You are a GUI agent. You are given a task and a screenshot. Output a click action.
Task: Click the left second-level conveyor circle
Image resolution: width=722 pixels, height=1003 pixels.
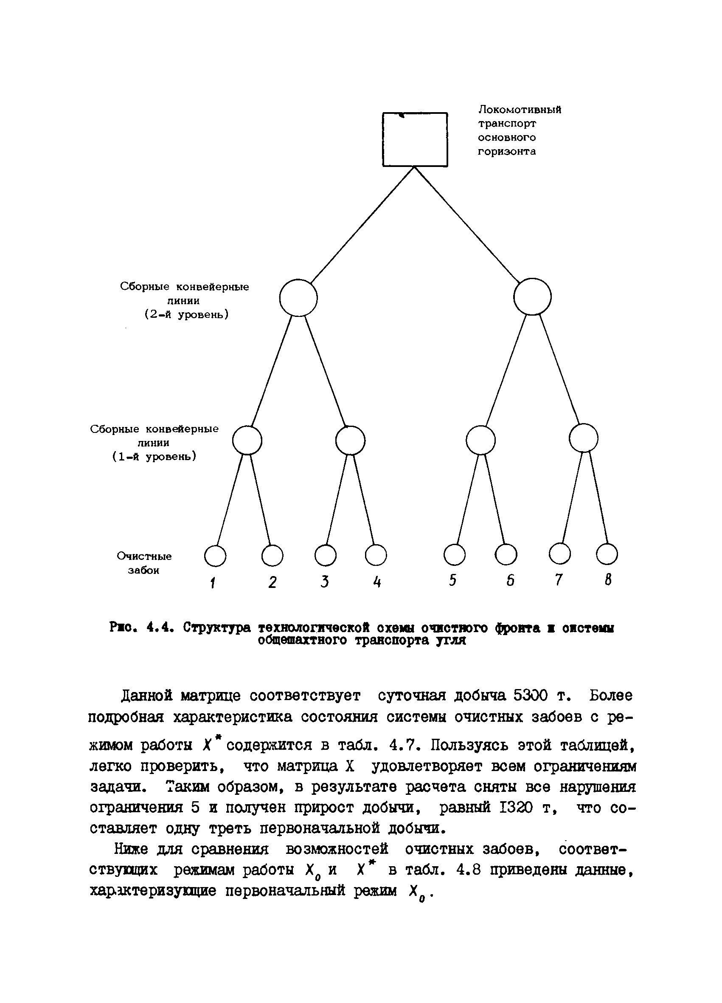point(298,298)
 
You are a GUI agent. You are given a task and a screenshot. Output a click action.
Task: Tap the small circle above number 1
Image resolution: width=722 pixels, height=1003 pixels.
point(215,556)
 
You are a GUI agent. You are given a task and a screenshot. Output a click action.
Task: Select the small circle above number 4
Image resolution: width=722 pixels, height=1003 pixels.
point(376,555)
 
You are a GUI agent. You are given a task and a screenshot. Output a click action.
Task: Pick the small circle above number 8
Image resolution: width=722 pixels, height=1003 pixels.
point(607,554)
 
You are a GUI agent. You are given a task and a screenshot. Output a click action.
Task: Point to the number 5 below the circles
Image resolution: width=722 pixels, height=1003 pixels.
point(452,581)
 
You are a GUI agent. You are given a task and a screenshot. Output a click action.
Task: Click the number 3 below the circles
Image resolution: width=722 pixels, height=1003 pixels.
point(325,582)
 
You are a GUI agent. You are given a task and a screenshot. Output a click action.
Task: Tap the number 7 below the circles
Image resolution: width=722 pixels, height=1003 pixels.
point(559,580)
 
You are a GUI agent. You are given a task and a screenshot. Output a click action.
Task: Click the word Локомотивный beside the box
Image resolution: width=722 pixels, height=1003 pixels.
point(520,110)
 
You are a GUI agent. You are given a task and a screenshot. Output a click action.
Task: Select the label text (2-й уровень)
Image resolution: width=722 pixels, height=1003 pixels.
point(186,315)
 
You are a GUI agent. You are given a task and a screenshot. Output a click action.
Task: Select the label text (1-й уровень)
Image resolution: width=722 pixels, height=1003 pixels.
point(154,456)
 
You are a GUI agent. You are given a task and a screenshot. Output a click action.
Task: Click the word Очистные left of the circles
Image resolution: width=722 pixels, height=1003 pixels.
point(144,557)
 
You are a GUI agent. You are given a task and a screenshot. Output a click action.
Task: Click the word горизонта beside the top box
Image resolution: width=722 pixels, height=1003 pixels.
point(507,151)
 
